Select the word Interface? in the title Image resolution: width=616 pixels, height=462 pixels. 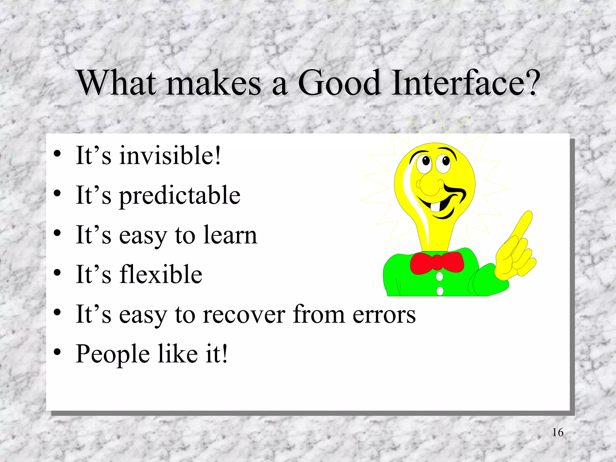(465, 82)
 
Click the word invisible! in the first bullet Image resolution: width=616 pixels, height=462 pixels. (170, 156)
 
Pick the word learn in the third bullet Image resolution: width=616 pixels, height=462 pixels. (230, 235)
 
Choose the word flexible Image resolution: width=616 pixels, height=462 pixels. (161, 274)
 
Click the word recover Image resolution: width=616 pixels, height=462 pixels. (244, 315)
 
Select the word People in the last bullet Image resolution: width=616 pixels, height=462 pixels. (112, 354)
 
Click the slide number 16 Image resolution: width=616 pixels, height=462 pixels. (558, 433)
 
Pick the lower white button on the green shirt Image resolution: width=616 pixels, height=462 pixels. (440, 291)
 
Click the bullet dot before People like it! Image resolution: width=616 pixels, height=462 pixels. (57, 352)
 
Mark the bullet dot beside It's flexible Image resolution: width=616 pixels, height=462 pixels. (57, 273)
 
